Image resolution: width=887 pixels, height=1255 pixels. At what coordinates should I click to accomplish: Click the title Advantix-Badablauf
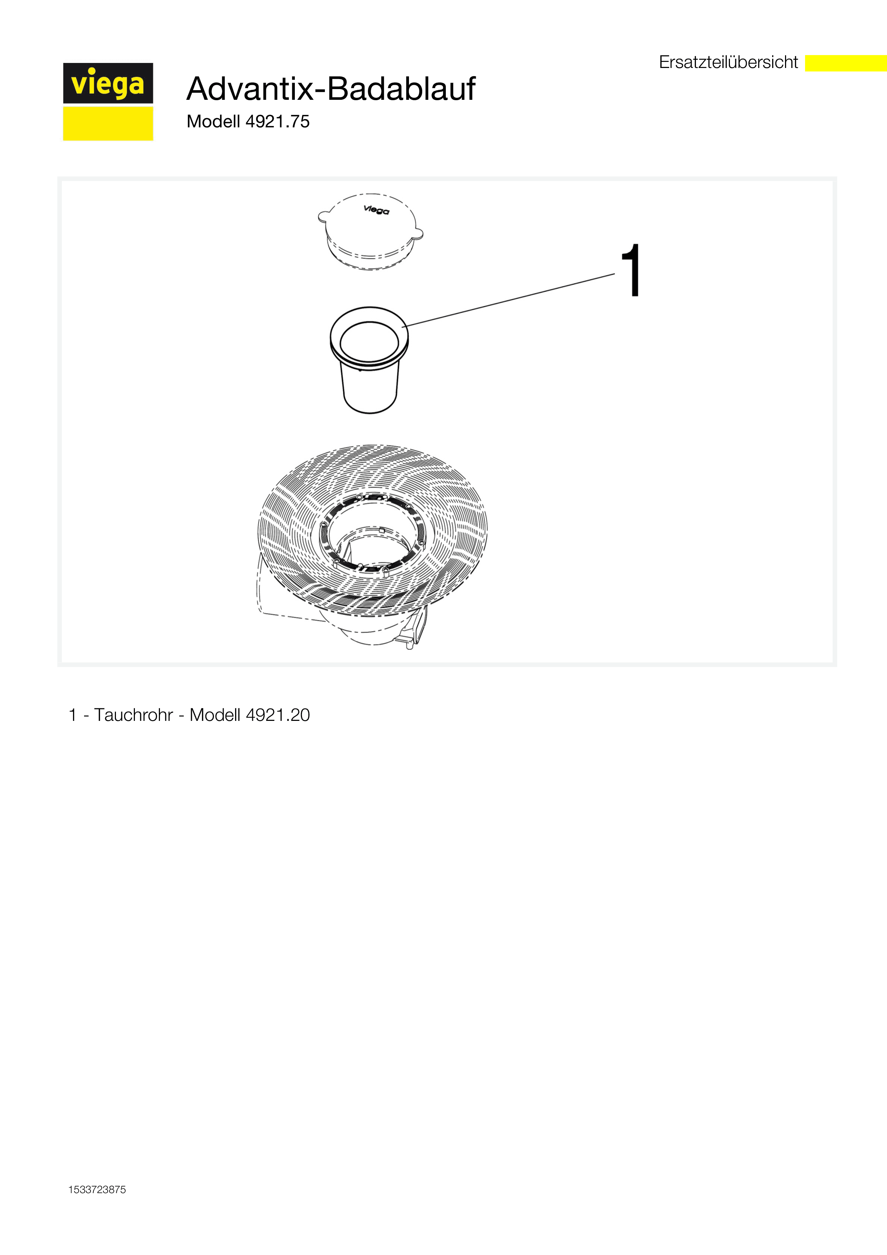pyautogui.click(x=331, y=89)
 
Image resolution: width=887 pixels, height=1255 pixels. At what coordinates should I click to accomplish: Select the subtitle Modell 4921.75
pyautogui.click(x=248, y=121)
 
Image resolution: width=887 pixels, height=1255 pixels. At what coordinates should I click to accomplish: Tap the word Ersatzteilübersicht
pyautogui.click(x=728, y=62)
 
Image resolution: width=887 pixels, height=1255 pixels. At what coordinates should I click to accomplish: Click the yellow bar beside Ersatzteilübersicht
pyautogui.click(x=846, y=63)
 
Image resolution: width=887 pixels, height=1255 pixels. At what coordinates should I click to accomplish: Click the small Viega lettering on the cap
pyautogui.click(x=376, y=210)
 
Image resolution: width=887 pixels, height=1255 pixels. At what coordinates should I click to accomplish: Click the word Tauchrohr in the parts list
pyautogui.click(x=133, y=715)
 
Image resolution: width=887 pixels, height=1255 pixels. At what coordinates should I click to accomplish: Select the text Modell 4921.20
pyautogui.click(x=250, y=715)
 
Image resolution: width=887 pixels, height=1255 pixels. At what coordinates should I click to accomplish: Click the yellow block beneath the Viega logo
pyautogui.click(x=108, y=123)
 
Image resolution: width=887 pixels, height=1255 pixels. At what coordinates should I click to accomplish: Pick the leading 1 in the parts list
pyautogui.click(x=73, y=715)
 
